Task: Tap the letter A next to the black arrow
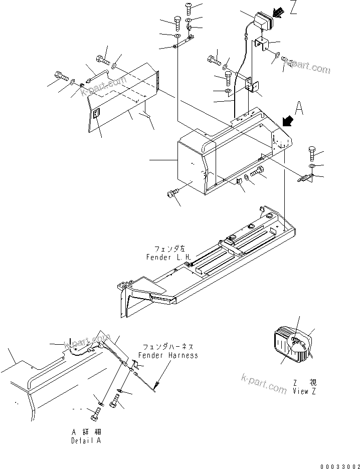coord(299,107)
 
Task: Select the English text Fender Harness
coord(169,355)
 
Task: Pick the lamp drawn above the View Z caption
coord(293,345)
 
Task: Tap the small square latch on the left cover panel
coord(97,114)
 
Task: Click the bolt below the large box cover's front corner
coord(173,194)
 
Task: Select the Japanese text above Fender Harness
coord(169,347)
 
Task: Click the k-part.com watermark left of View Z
coord(264,383)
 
